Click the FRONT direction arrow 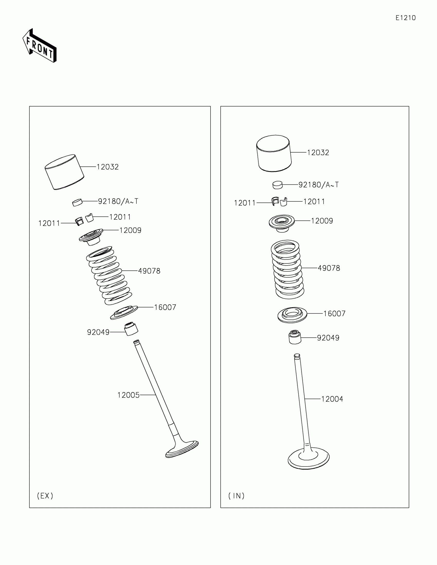click(x=40, y=46)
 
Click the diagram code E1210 click(x=405, y=18)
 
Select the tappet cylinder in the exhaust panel click(x=64, y=172)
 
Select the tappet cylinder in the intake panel click(x=274, y=153)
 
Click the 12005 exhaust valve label click(x=129, y=395)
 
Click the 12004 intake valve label click(x=332, y=399)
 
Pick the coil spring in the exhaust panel click(x=109, y=276)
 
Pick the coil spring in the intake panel click(x=287, y=269)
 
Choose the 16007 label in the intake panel click(x=334, y=314)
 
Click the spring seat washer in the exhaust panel click(x=124, y=312)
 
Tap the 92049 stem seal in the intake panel click(x=295, y=337)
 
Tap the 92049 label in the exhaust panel click(x=98, y=332)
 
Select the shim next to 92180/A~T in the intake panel click(x=278, y=185)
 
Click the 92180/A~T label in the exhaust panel click(x=118, y=201)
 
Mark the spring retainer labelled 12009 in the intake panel click(x=282, y=223)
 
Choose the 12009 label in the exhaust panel click(x=130, y=230)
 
